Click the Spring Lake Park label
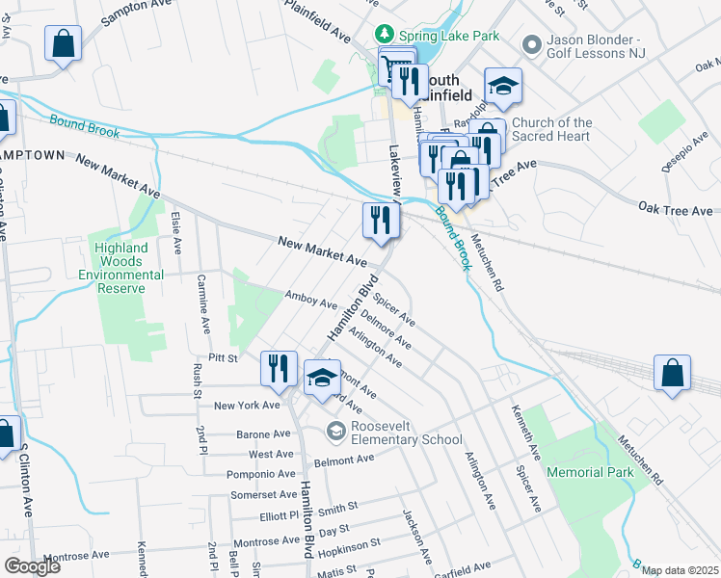coord(449,36)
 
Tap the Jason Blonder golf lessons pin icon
coord(530,44)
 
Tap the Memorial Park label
coord(590,472)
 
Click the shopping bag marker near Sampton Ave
coord(63,43)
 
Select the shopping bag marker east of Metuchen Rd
coord(672,374)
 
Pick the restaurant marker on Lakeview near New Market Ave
coord(381,221)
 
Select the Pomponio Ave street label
coord(260,474)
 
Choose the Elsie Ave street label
coord(176,233)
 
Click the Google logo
coord(32,566)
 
